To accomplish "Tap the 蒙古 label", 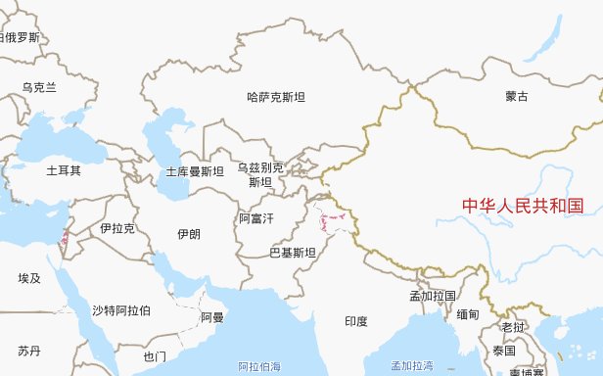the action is (517, 97).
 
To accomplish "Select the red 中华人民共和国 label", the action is (523, 206).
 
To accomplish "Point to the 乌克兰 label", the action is (40, 87).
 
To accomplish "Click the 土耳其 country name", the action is (64, 170).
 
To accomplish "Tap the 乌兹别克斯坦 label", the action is (260, 174).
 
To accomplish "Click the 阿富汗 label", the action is (257, 217).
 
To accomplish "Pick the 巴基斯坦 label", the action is (293, 253).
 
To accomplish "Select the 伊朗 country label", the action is (189, 234).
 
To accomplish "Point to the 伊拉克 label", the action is (116, 228).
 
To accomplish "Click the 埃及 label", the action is (29, 278).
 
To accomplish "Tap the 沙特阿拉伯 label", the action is (121, 310).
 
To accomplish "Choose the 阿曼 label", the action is (212, 317).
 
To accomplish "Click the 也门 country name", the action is (155, 355).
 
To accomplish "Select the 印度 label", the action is (356, 321).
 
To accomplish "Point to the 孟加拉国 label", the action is (434, 296).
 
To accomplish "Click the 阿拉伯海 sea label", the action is (259, 366).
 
